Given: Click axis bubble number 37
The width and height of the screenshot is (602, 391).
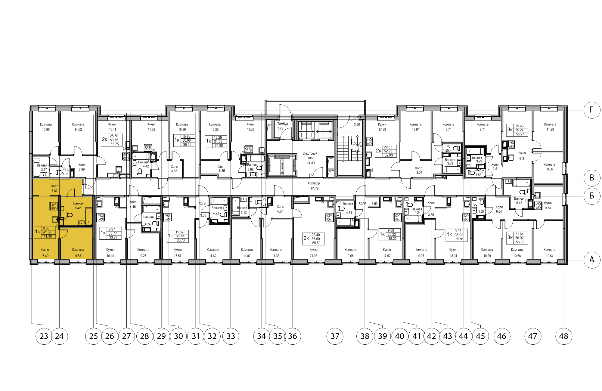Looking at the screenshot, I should [335, 336].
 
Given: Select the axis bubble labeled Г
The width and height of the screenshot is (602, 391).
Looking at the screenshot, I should [591, 110].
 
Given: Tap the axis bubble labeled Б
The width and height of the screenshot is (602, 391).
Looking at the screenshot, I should [591, 196].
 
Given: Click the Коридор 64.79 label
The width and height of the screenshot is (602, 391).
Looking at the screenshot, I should [314, 186].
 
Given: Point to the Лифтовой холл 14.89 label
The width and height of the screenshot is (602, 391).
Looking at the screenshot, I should [310, 158].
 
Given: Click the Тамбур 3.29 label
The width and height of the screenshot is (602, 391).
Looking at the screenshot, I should [282, 126].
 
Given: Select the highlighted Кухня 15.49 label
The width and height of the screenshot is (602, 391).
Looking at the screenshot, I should [45, 253].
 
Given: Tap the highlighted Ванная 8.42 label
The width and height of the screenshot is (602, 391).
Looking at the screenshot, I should [78, 206].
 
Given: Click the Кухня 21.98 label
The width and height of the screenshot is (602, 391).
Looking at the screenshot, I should [313, 253].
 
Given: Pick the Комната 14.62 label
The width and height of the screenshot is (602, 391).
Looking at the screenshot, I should [78, 127].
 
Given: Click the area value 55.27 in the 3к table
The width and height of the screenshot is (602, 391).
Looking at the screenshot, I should [520, 130].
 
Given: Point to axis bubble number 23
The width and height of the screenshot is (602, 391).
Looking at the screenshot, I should [44, 336].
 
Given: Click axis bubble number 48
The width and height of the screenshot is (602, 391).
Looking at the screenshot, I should [563, 336].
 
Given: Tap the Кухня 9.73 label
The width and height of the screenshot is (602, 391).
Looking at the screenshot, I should [548, 205].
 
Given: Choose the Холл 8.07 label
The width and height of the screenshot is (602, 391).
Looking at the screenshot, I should [419, 171].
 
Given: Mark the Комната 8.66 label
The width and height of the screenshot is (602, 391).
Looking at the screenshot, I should [550, 167].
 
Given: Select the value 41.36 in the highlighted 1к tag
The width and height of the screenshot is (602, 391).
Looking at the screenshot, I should [47, 232].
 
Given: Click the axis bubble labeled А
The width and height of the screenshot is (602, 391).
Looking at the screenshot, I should [591, 260].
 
